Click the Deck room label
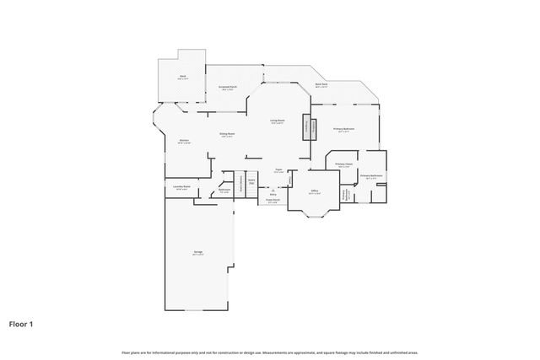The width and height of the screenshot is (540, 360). [x=182, y=76]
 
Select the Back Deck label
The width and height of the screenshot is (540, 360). [x=321, y=83]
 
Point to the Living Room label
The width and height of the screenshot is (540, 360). [x=277, y=121]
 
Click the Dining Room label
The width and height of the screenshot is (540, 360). [x=227, y=133]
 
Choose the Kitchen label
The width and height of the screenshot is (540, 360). [x=183, y=140]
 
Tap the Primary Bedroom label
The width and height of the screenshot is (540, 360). [x=343, y=128]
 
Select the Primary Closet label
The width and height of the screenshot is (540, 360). [x=343, y=164]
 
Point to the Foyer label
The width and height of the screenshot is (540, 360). [x=278, y=169]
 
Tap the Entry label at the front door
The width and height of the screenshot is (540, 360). [x=273, y=193]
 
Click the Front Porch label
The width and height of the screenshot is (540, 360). [x=273, y=201]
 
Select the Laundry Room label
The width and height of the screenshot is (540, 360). [x=181, y=186]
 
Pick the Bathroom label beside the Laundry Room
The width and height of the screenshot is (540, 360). [x=224, y=190]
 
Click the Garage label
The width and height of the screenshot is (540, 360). [x=197, y=252]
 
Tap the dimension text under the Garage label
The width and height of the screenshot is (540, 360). [x=197, y=255]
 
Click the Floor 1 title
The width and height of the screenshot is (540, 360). [x=21, y=323]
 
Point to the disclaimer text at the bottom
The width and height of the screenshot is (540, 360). [x=269, y=352]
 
